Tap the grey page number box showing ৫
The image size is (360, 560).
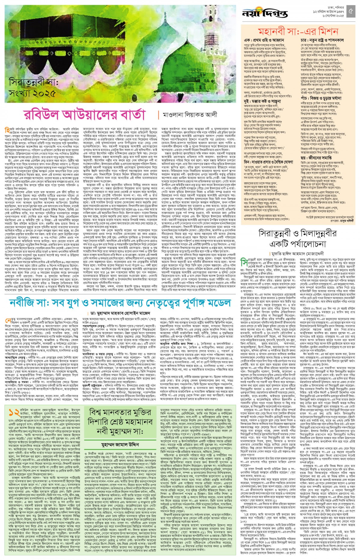point(351,12)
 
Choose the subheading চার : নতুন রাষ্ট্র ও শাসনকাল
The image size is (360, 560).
point(322,40)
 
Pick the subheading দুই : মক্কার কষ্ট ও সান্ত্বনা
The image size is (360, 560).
point(265,102)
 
